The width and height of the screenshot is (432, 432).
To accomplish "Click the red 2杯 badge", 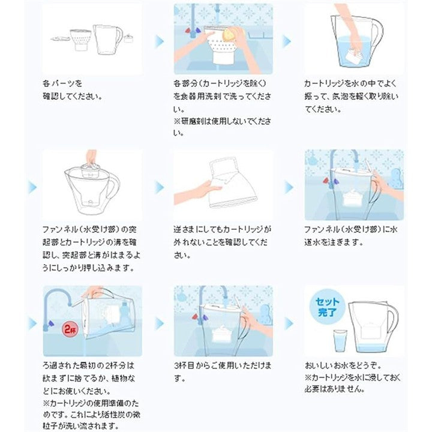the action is click(71, 329).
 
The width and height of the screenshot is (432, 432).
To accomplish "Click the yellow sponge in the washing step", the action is click(229, 34).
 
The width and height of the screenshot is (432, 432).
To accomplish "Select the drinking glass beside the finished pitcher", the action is click(341, 341).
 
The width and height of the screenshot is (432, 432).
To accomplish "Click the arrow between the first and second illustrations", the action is click(160, 41).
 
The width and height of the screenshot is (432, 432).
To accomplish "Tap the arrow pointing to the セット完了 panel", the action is click(289, 323).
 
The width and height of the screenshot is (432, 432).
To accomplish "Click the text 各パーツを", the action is click(62, 83).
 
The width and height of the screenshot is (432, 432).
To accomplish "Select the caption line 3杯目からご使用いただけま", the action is click(223, 365).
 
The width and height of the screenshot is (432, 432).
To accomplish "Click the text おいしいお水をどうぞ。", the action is click(343, 365).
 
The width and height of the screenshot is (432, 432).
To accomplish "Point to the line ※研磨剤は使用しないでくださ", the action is click(223, 121).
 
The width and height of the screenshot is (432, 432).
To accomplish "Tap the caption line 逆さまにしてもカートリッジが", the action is click(223, 229).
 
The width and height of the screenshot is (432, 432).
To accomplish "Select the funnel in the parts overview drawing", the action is click(80, 40).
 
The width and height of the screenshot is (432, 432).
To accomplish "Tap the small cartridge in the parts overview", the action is click(128, 38).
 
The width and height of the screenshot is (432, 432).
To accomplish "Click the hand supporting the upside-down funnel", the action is click(198, 191).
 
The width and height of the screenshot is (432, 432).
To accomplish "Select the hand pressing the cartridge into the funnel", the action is click(91, 157).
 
